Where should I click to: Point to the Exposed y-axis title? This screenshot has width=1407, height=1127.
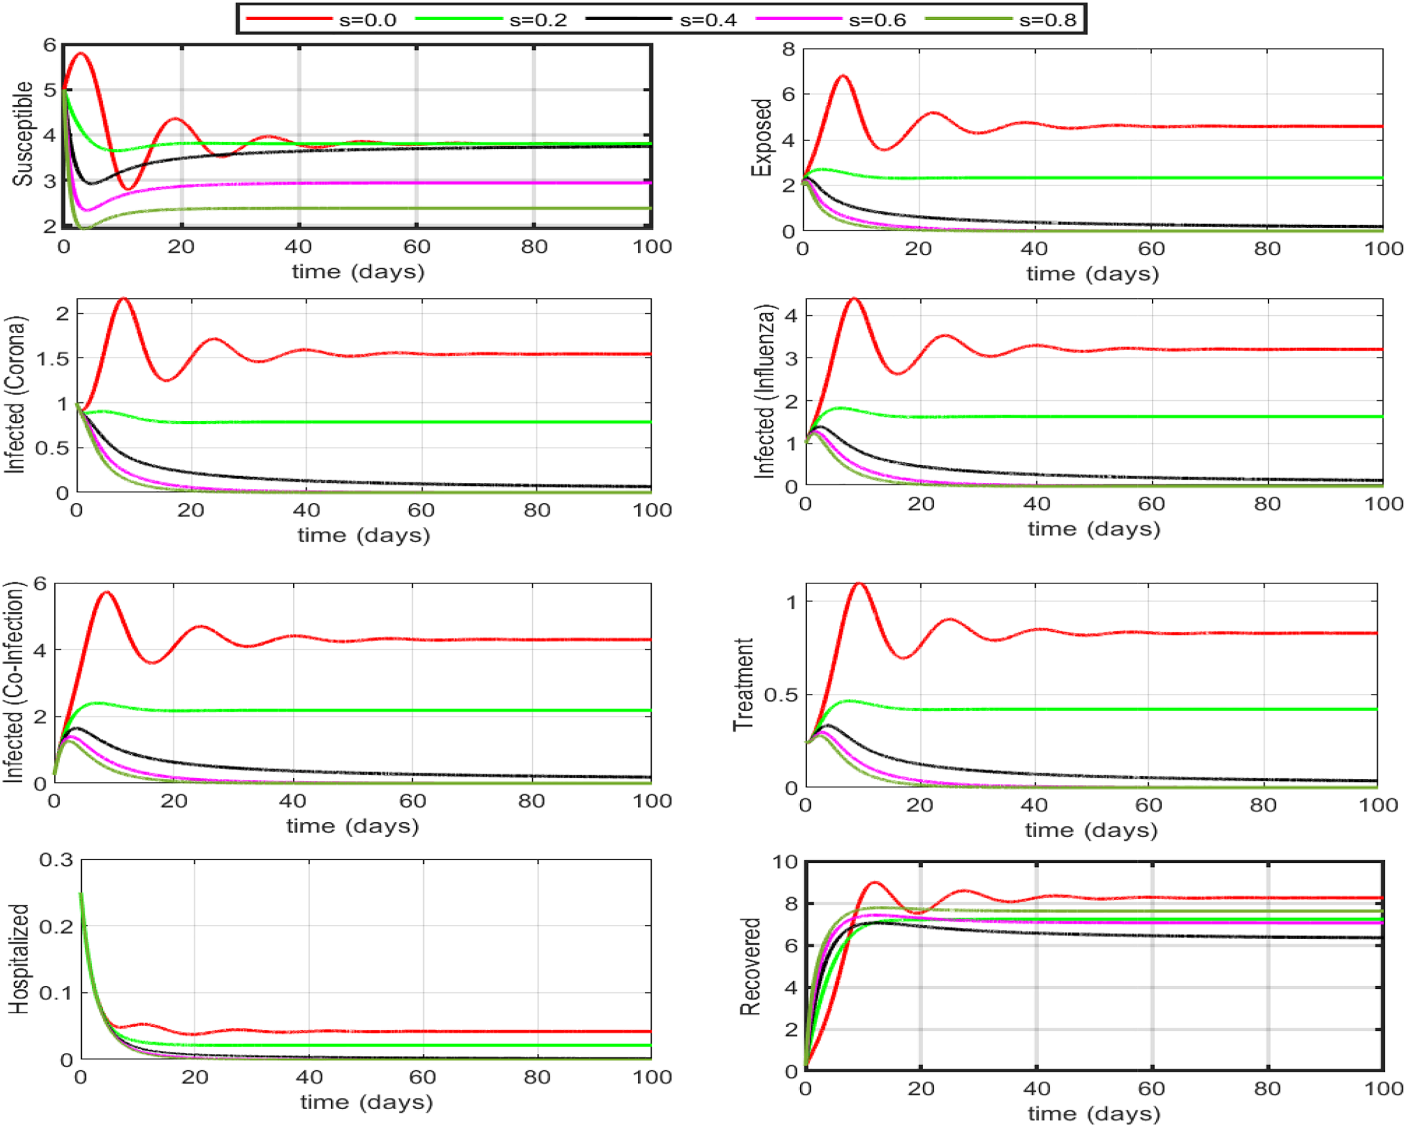(x=762, y=138)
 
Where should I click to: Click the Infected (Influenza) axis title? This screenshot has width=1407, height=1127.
(x=765, y=392)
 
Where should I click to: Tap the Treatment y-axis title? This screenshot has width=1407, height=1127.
(x=743, y=684)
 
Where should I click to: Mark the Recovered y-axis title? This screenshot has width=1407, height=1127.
(x=750, y=966)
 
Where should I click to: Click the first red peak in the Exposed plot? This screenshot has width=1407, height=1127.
(x=843, y=77)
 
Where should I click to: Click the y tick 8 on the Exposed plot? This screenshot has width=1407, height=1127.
(x=789, y=49)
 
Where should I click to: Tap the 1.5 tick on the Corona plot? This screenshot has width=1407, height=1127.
(x=53, y=359)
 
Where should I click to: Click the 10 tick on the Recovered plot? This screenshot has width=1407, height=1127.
(x=785, y=862)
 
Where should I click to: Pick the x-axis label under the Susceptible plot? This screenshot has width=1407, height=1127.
(x=357, y=272)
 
